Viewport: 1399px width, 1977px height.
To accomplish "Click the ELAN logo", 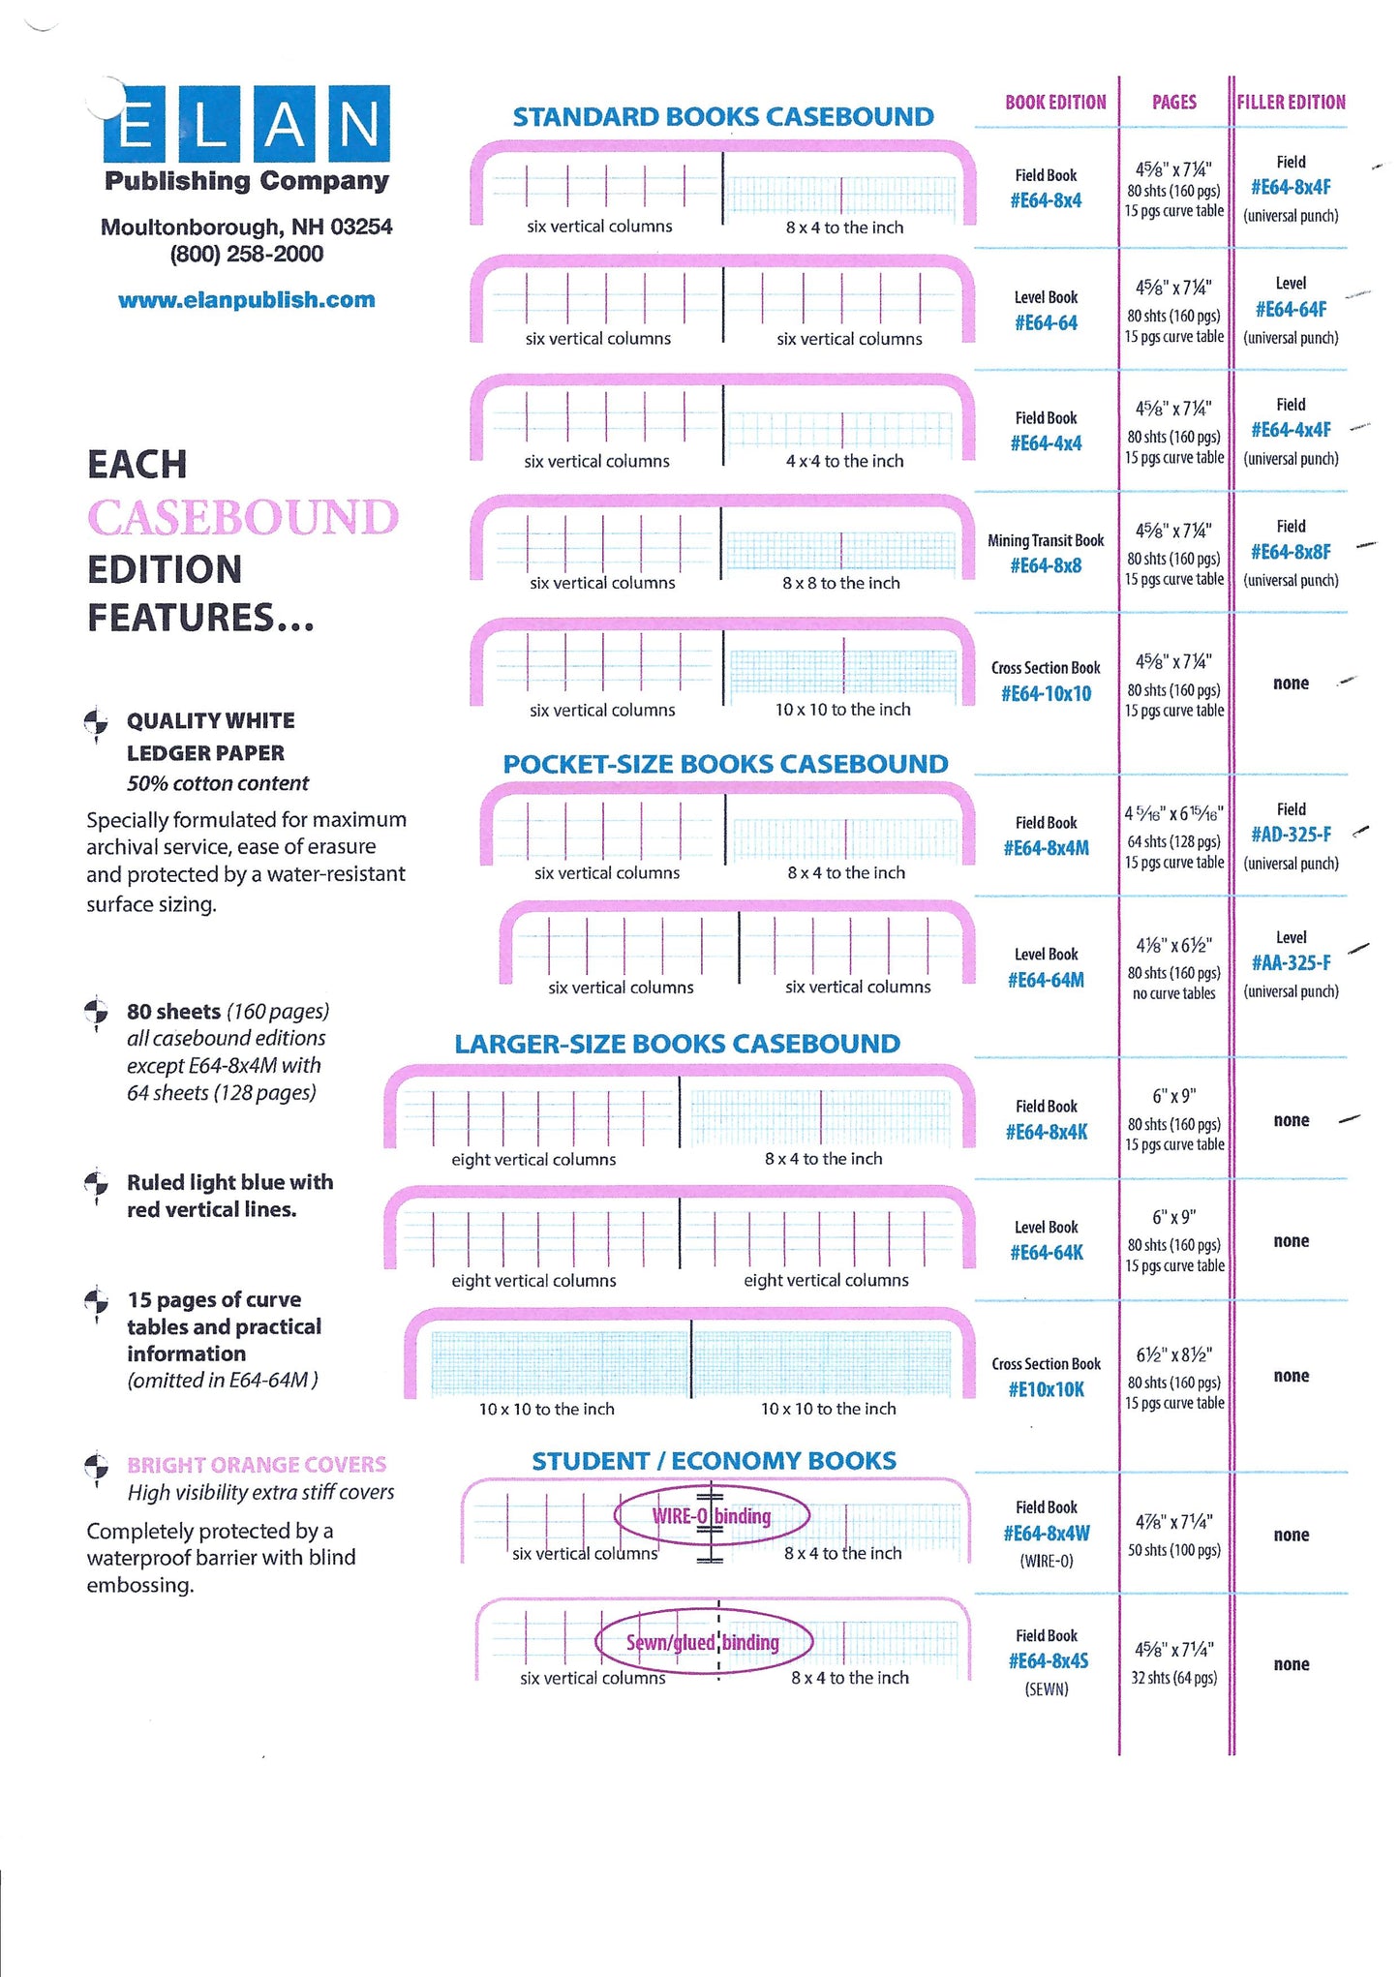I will pos(247,124).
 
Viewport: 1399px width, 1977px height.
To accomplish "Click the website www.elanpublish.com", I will pos(246,300).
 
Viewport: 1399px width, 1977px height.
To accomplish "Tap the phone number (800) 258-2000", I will pos(246,255).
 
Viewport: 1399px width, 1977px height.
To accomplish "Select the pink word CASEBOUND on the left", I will pos(243,517).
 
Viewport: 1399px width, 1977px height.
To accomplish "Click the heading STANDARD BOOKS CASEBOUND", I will pos(722,117).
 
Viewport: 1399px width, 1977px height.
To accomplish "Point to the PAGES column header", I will pos(1173,102).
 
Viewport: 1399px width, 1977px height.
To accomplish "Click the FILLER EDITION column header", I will pos(1291,102).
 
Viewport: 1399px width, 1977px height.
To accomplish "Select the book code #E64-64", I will pos(1046,323).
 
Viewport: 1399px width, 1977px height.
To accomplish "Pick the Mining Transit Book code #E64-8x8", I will pos(1046,565).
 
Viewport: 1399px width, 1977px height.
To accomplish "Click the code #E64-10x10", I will pos(1046,693).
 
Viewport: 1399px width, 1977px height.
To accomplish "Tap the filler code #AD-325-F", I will pos(1291,835).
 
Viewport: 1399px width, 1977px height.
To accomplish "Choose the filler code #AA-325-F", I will pos(1291,962).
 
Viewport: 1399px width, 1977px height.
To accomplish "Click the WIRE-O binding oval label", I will pos(712,1516).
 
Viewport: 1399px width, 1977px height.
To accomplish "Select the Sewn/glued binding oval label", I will pos(703,1642).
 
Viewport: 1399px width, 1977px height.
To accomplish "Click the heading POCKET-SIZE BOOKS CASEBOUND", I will pos(724,764).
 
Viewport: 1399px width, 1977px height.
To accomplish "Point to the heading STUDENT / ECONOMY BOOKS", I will pos(714,1461).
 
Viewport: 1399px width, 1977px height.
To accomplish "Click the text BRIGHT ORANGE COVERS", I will pos(257,1465).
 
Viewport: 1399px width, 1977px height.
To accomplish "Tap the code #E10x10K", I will pos(1046,1389).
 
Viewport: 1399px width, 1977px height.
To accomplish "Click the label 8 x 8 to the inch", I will pos(840,583).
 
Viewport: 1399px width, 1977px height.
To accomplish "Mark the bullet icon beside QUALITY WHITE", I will pos(96,722).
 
